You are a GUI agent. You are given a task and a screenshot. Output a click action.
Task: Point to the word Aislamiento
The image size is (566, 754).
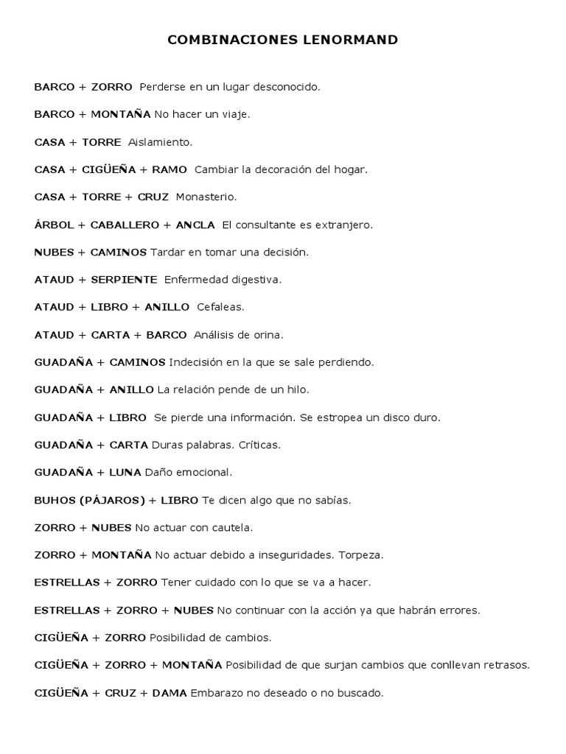tap(160, 142)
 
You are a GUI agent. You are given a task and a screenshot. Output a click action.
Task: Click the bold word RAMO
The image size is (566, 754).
tap(170, 169)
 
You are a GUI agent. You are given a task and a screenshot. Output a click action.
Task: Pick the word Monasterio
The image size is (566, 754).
tap(206, 197)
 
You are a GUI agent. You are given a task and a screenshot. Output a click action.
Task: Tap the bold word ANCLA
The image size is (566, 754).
tap(195, 225)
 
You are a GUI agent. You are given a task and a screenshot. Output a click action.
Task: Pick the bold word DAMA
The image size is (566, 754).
tap(170, 693)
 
